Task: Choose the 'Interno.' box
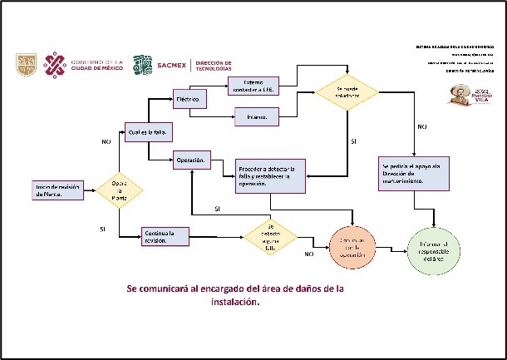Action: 255,117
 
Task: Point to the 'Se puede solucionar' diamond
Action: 347,92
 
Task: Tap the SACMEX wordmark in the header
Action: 170,65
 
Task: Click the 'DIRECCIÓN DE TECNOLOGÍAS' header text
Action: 214,65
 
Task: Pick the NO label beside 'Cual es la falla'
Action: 106,142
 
